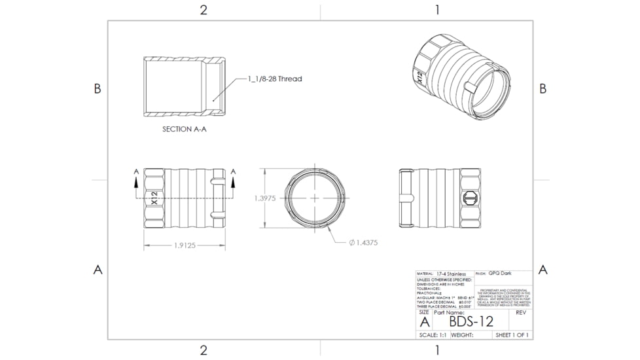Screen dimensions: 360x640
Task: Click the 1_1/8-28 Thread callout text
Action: click(275, 79)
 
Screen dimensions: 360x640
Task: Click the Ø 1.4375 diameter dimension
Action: click(363, 242)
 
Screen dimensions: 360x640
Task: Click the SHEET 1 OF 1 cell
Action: click(512, 335)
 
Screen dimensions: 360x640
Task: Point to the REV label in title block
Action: click(521, 313)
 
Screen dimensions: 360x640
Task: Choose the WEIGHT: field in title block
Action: click(462, 335)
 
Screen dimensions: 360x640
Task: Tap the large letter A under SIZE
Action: click(424, 322)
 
